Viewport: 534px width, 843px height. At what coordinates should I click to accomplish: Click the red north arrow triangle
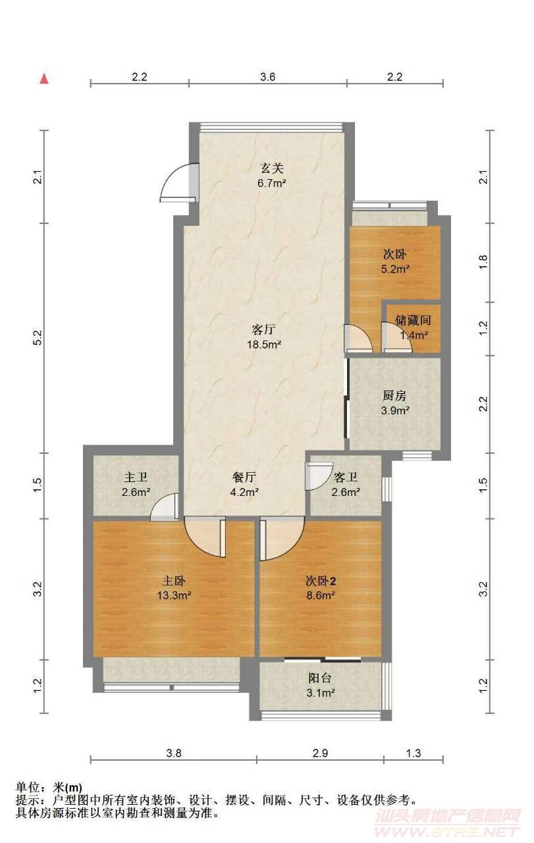click(44, 78)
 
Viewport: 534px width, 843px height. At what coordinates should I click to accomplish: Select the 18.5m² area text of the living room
click(264, 344)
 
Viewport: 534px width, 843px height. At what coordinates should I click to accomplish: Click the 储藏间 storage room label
click(413, 320)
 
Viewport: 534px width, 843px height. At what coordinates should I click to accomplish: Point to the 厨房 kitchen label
click(394, 396)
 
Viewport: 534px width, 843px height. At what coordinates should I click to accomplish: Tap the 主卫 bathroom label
click(136, 477)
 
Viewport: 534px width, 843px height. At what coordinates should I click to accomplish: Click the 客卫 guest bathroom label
click(346, 477)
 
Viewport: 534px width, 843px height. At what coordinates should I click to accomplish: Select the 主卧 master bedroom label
click(173, 581)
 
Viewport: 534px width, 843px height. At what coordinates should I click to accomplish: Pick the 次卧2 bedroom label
click(321, 581)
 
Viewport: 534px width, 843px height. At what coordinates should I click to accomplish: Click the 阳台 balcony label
click(320, 678)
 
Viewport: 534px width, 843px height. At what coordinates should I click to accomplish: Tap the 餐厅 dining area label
click(244, 477)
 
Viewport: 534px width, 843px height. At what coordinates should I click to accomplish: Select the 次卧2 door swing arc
click(282, 539)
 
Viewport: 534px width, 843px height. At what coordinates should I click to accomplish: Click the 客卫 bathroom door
click(319, 476)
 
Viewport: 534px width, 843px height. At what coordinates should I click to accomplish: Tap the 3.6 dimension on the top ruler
click(267, 77)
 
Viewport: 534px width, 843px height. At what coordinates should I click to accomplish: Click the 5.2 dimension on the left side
click(38, 338)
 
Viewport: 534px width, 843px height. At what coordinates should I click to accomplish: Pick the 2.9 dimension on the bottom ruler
click(320, 753)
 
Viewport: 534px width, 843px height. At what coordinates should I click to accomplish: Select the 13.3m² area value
click(173, 595)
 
